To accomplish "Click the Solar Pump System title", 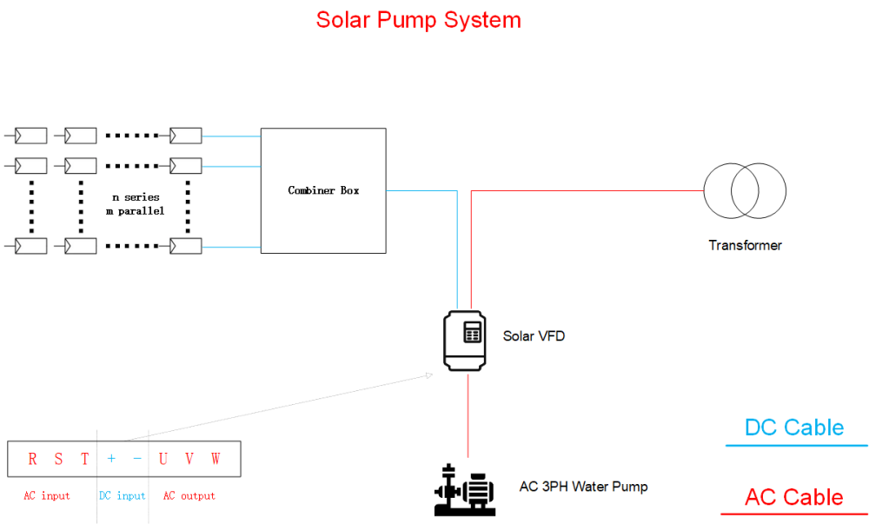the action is pos(419,21).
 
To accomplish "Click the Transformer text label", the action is pos(745,245).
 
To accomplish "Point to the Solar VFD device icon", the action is pos(464,340).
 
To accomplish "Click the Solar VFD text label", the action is pos(534,336).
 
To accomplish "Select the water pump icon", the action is pos(464,490).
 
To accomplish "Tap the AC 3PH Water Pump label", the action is pos(584,487).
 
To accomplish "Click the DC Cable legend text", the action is pos(794,428).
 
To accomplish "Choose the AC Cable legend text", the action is pos(793,497).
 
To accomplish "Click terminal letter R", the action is pos(32,459).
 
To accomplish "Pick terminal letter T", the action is pos(84,459).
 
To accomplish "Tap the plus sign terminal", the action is pos(111,459).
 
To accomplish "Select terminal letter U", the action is pos(163,459).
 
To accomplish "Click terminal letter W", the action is pos(216,459).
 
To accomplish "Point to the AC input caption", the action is pos(47,495).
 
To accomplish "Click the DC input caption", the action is pos(122,495).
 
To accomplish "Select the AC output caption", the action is pos(189,495).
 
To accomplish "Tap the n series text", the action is pos(136,197).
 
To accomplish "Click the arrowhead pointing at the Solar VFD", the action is pos(429,375).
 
